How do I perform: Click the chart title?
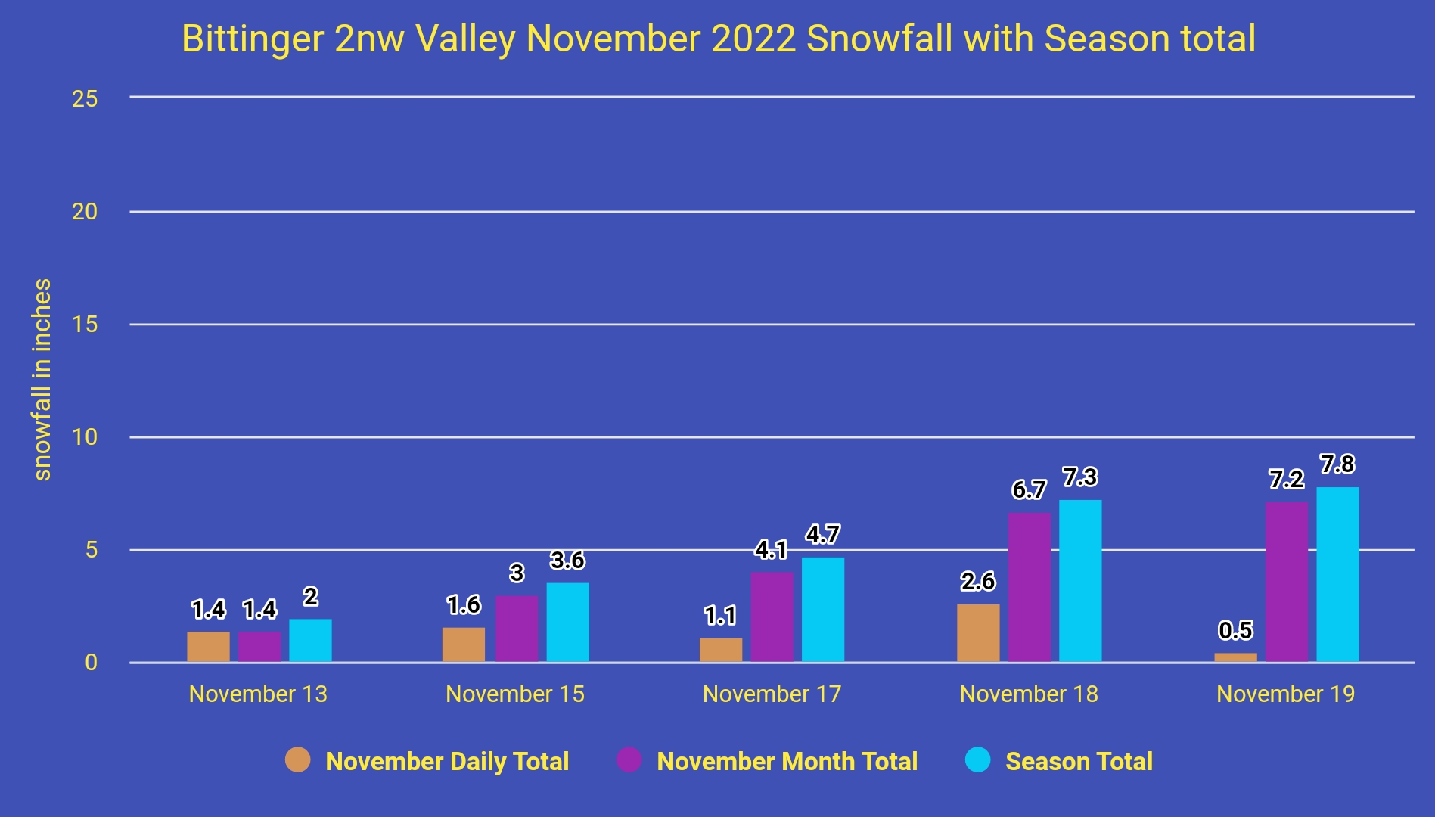point(719,39)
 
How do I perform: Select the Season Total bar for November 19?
point(1337,575)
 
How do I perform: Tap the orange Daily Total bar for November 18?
point(978,633)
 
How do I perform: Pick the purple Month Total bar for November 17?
point(772,617)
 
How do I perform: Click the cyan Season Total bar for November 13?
point(310,641)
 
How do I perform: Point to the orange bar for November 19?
point(1235,658)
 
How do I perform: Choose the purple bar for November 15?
point(517,629)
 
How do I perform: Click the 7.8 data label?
point(1337,464)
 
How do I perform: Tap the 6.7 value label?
point(1029,490)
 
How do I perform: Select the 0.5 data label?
point(1235,630)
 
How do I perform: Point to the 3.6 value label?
point(567,561)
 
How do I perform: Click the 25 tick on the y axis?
point(85,98)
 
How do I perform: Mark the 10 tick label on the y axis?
point(85,437)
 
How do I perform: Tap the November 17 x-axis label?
point(772,694)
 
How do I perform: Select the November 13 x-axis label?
point(258,694)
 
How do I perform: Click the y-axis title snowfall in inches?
point(42,380)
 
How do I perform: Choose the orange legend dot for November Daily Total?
point(298,760)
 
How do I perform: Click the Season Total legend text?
point(1079,761)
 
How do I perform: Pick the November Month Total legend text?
point(787,761)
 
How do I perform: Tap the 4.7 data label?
point(823,535)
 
